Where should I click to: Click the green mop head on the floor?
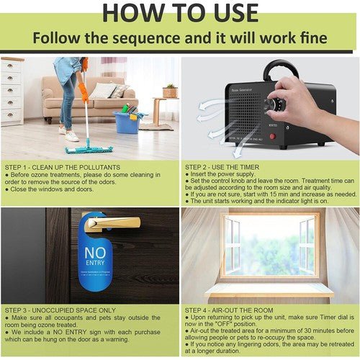[89, 150]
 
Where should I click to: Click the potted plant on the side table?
[171, 90]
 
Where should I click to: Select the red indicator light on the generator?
[273, 135]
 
